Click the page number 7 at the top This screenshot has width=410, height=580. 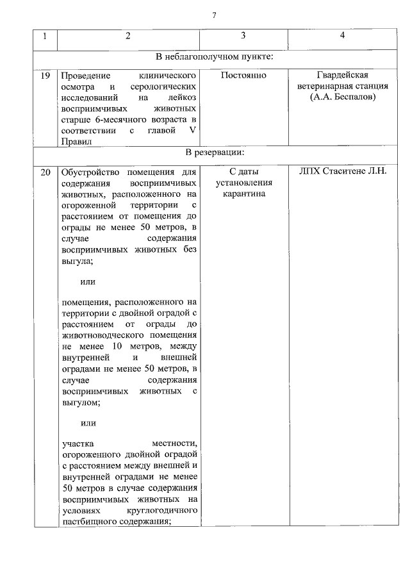(x=214, y=16)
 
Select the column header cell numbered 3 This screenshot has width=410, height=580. (x=243, y=36)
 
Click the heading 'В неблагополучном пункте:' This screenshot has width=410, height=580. (x=215, y=56)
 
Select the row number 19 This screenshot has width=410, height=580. (x=45, y=76)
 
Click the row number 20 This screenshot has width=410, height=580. (x=45, y=172)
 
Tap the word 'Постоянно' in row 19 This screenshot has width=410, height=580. (x=243, y=76)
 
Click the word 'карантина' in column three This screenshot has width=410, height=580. (x=243, y=194)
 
